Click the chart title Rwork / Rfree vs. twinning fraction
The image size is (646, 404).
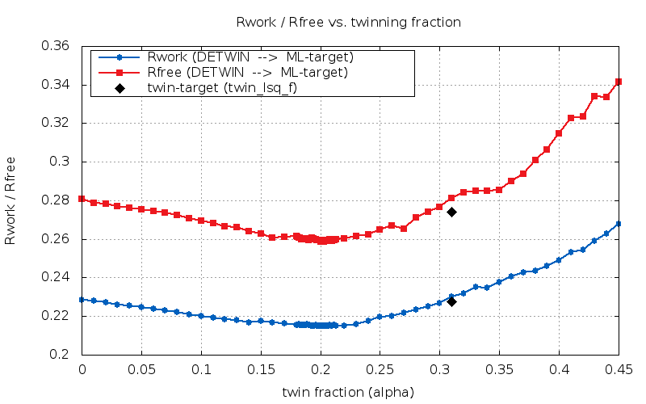(349, 23)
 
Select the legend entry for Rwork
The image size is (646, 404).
(250, 57)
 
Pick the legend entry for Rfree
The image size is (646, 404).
(247, 73)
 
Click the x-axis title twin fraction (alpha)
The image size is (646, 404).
(348, 392)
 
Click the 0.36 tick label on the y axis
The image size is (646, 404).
(55, 46)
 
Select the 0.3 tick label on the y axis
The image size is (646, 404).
(61, 162)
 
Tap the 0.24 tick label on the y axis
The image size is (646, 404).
(55, 277)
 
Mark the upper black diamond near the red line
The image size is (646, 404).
(451, 212)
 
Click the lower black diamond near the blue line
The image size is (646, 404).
(451, 301)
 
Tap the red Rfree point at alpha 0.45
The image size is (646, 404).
(619, 82)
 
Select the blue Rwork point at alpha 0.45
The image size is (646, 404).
(619, 224)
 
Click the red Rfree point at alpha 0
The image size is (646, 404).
(82, 199)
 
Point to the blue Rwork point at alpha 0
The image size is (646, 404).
(82, 300)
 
